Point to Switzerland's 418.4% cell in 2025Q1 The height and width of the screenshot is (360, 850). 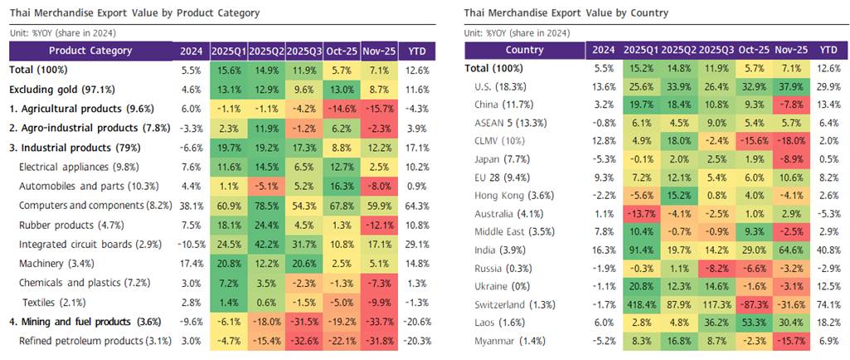[x=642, y=304]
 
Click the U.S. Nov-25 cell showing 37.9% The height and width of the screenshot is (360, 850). [x=789, y=86]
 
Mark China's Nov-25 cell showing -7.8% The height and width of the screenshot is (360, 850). [x=789, y=105]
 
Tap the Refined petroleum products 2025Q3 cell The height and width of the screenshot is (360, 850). [x=304, y=340]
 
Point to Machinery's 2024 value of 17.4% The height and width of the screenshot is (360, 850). [x=191, y=263]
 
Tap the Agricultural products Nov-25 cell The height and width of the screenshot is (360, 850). [x=378, y=109]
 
